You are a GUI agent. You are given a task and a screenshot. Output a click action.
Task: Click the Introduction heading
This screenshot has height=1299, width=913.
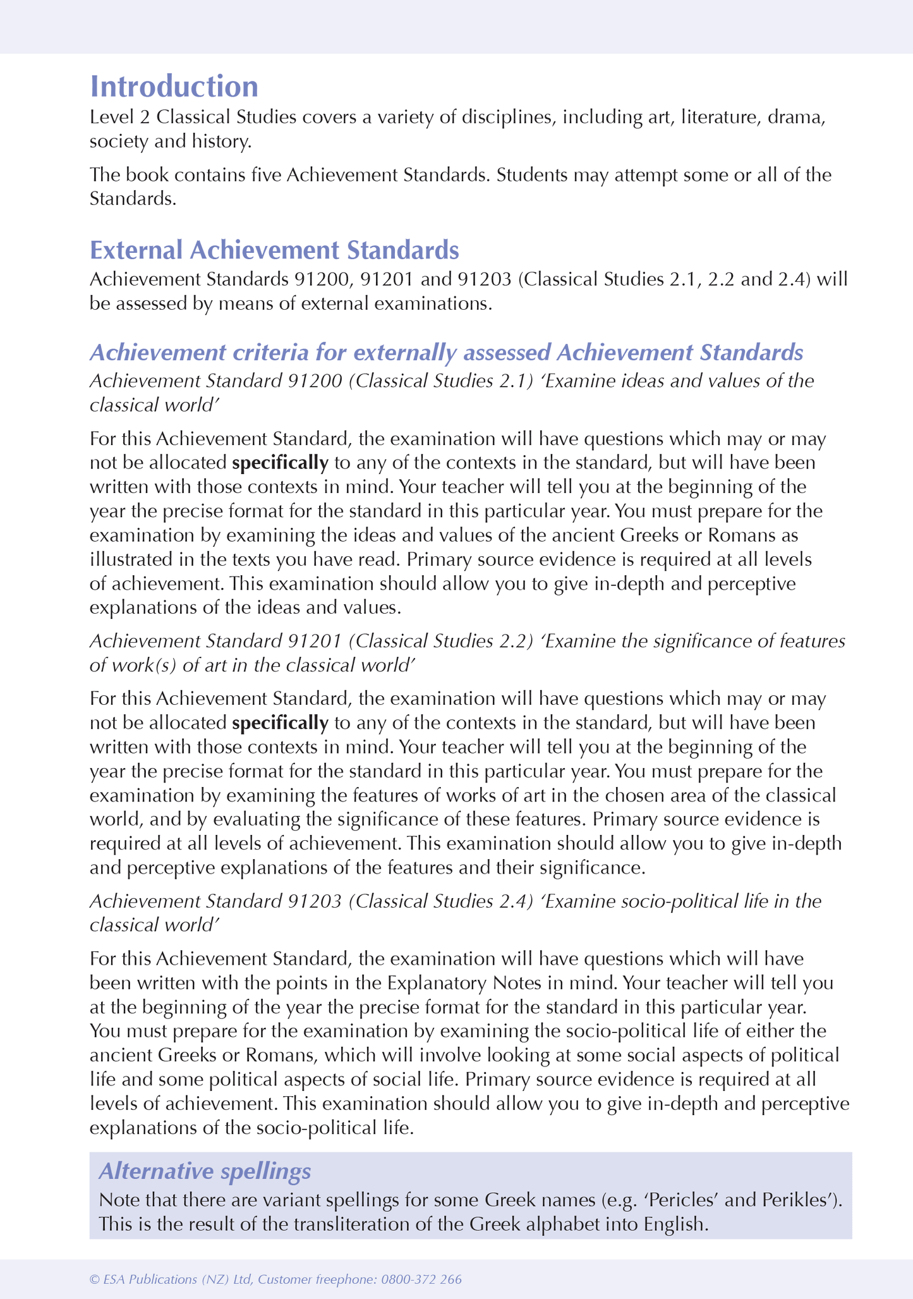(174, 87)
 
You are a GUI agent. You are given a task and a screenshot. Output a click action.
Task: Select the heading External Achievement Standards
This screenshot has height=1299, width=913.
(274, 250)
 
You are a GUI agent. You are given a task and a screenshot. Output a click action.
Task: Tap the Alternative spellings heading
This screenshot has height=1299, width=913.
(205, 1171)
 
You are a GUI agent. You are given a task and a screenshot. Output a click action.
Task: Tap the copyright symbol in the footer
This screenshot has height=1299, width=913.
(95, 1279)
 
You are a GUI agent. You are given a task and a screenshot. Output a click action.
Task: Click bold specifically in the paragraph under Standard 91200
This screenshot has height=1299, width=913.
(280, 463)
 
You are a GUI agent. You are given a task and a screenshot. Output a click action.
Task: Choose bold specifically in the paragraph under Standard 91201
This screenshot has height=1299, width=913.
(280, 723)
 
